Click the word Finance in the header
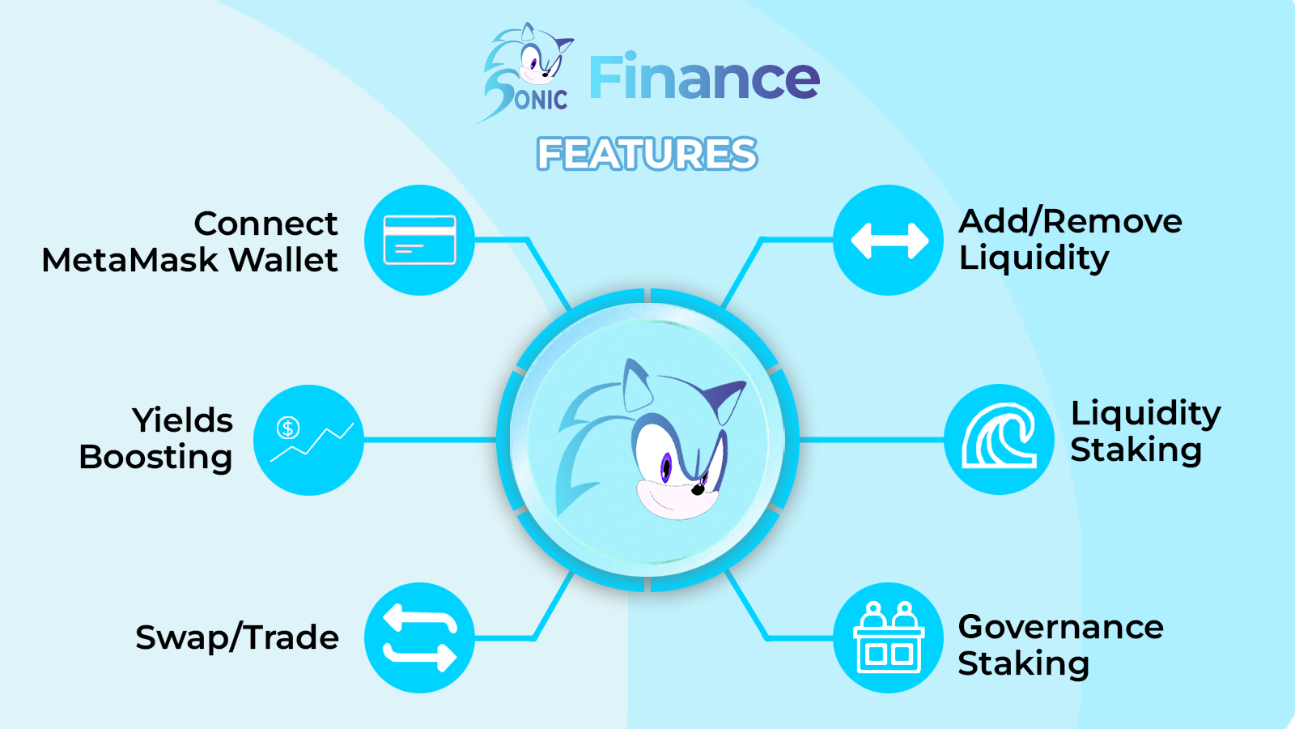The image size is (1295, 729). pos(704,77)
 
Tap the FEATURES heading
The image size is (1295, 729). pos(647,154)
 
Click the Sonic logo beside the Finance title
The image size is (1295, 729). pos(525,73)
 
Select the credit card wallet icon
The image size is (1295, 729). pos(420,240)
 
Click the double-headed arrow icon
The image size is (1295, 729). pos(890,241)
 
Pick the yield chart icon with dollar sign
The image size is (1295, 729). pos(311,440)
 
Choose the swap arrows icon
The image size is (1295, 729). pos(420,637)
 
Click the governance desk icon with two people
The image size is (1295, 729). pos(889,637)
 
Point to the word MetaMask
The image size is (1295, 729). pos(130,260)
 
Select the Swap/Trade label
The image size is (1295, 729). pos(237,637)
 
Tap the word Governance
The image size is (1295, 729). pos(1061,627)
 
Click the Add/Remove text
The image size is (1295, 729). pos(1070,222)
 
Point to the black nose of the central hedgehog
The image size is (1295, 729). pos(698,489)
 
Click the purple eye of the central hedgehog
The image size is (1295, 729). pos(666,467)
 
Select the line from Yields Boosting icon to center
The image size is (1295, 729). pos(430,441)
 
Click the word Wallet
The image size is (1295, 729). pos(283,260)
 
